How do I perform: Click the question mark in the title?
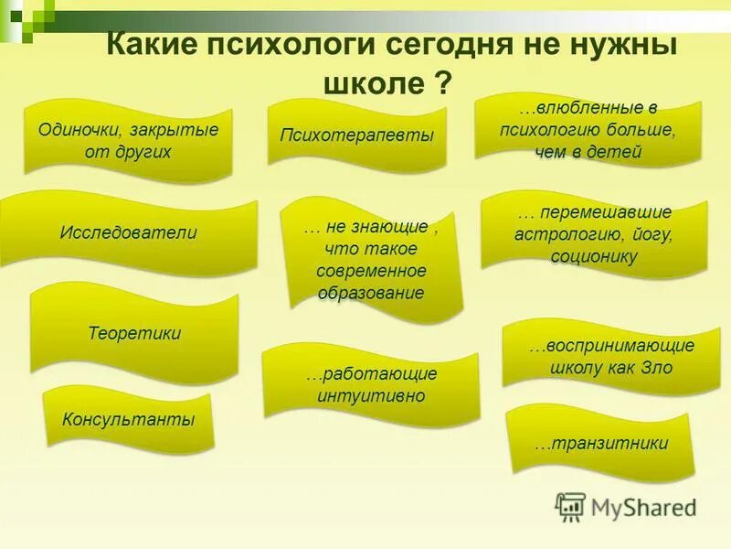coord(441,84)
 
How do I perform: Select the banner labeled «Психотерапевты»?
coord(356,135)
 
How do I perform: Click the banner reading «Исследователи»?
coord(129,232)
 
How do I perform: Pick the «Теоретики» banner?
coord(134,333)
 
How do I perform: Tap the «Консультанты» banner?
coord(129,421)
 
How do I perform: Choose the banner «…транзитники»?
coord(601,444)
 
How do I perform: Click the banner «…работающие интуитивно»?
coord(371,385)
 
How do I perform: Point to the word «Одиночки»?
coord(76,129)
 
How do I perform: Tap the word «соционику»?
coord(593,256)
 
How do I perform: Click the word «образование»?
coord(371,293)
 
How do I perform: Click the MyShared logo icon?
coord(571,506)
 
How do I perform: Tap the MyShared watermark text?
coord(644,506)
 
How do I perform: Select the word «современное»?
coord(371,271)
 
